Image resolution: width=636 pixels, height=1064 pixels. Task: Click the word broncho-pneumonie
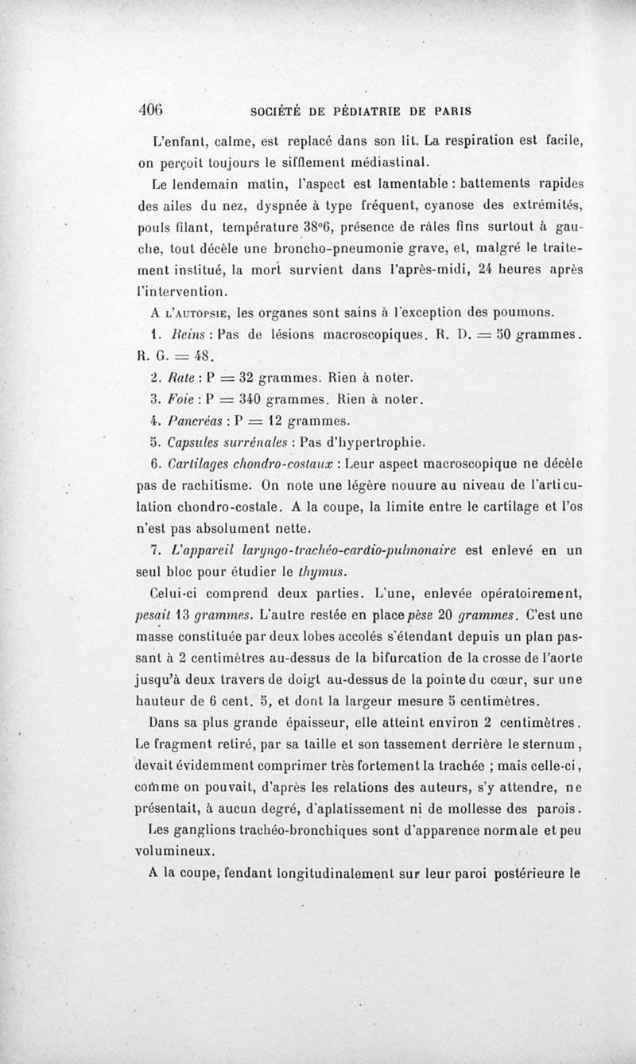click(291, 247)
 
